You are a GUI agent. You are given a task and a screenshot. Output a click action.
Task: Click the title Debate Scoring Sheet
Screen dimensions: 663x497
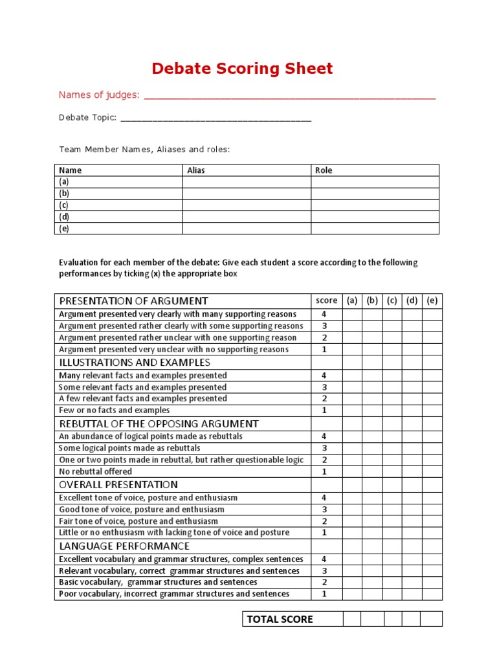(242, 69)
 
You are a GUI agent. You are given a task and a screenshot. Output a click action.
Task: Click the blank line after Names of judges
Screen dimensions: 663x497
(289, 96)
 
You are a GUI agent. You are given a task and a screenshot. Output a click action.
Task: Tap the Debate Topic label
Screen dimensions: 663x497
(87, 117)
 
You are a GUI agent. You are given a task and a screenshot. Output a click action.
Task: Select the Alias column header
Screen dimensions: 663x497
(196, 170)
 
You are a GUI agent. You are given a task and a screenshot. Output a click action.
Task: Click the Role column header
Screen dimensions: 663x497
(324, 170)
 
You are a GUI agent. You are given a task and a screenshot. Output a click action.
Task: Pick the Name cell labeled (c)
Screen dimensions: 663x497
(64, 205)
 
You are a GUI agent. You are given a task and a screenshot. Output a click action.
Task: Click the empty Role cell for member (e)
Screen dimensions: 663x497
(375, 229)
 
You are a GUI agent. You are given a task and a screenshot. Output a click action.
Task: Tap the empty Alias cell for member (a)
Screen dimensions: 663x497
(246, 182)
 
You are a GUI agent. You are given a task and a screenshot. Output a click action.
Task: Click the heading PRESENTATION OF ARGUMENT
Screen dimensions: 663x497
(134, 301)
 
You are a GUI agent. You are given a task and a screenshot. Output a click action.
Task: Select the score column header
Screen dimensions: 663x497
(326, 301)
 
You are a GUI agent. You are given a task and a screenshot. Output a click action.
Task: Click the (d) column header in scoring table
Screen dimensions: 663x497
(412, 301)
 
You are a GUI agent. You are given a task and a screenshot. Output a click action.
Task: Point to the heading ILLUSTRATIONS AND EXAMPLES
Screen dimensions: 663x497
(135, 363)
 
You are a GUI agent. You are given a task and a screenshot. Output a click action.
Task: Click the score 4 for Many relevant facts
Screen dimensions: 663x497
(324, 376)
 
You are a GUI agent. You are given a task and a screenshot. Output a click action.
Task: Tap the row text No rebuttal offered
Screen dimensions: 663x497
(95, 471)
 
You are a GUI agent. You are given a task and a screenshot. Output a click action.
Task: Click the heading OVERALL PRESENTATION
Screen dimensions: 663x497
(118, 485)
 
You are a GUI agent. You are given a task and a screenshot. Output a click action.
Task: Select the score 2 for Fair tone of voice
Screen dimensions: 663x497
(324, 521)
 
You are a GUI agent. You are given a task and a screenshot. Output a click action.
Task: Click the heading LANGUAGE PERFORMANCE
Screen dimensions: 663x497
(124, 546)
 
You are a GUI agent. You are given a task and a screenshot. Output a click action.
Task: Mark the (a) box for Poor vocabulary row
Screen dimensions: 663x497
(352, 594)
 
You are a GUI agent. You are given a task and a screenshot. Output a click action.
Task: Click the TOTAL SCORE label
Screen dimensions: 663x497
(280, 619)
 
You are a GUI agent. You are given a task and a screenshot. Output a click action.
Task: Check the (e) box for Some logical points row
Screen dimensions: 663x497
(432, 448)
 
